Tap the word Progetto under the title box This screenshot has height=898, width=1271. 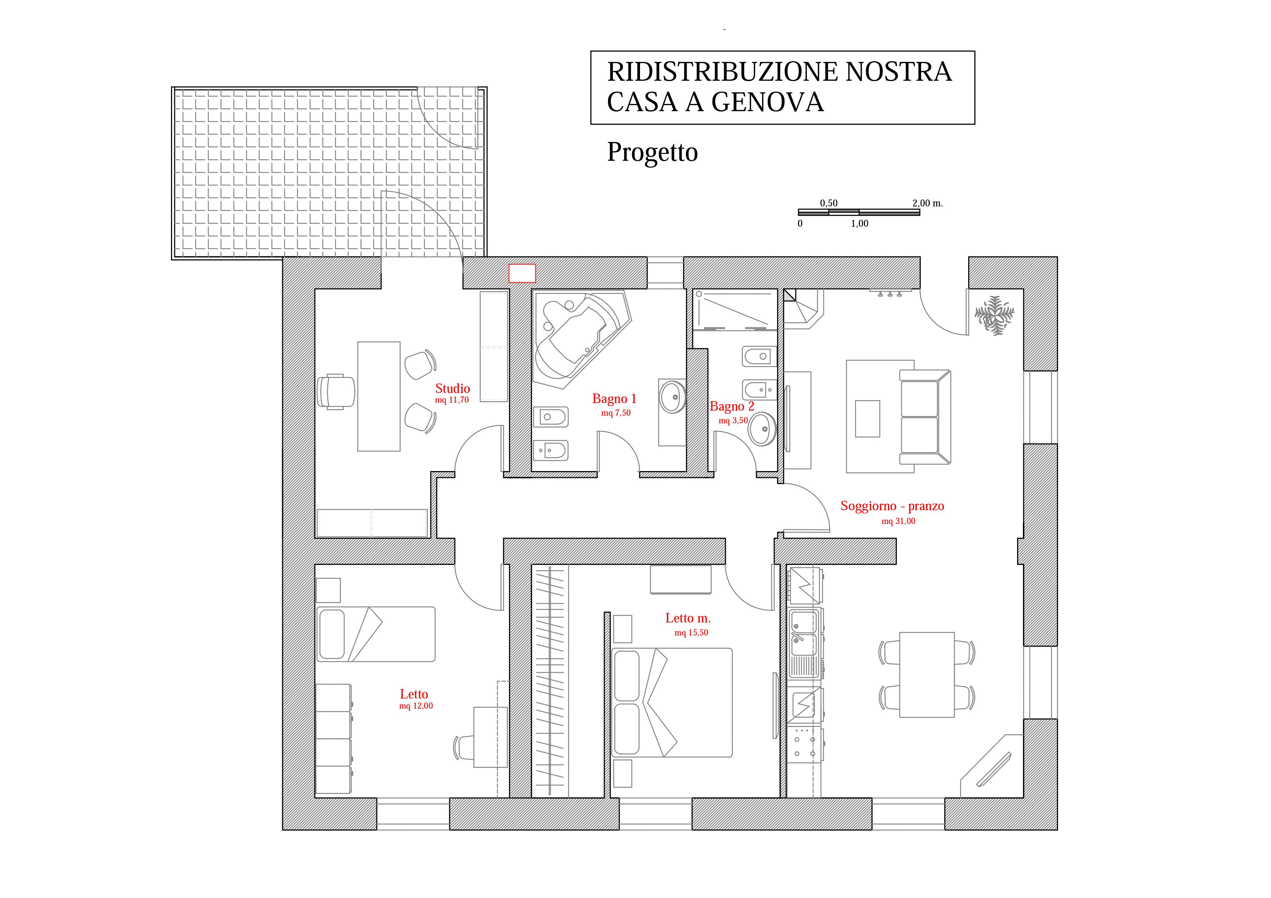pos(652,152)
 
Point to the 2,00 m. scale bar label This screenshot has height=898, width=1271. pos(927,203)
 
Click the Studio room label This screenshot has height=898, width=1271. pos(452,389)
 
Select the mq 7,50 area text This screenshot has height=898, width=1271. pos(615,413)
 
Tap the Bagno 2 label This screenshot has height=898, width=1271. pos(732,406)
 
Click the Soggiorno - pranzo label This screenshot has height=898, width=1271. pos(892,506)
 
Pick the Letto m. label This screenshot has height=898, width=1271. pos(687,618)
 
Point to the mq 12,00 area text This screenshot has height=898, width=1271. pos(416,706)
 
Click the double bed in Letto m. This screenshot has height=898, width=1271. pos(672,703)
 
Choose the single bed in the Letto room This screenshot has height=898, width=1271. pos(375,634)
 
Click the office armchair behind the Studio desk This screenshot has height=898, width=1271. pos(336,392)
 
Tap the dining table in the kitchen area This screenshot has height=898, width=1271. pos(926,675)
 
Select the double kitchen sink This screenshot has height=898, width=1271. pos(803,631)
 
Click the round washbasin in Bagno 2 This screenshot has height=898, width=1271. pos(763,428)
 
